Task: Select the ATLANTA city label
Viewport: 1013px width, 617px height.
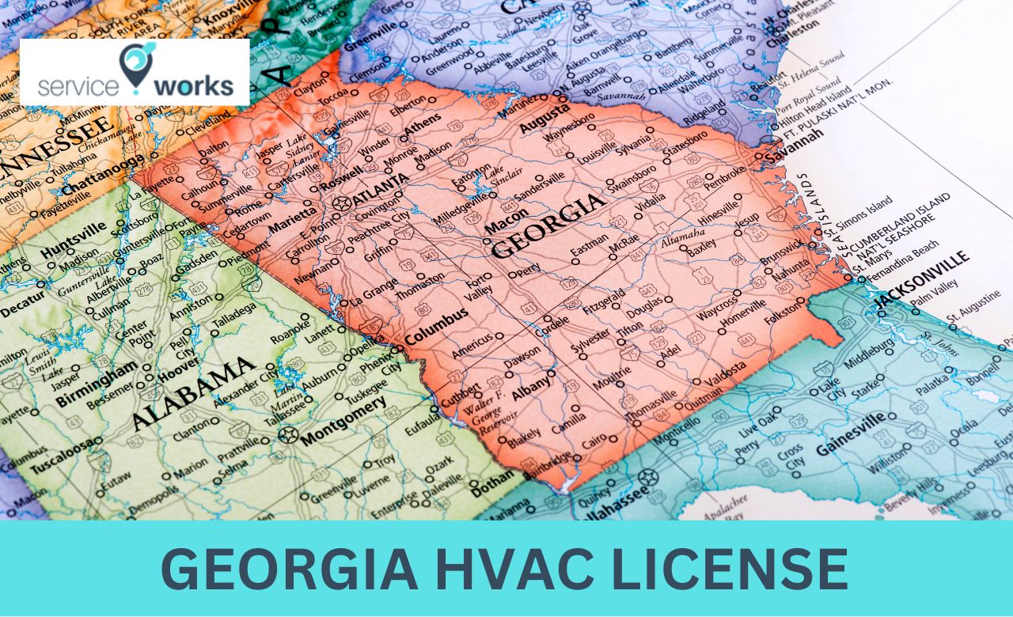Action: (381, 189)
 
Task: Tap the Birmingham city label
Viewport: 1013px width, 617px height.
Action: (101, 381)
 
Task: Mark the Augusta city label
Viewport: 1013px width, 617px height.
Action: (544, 118)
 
